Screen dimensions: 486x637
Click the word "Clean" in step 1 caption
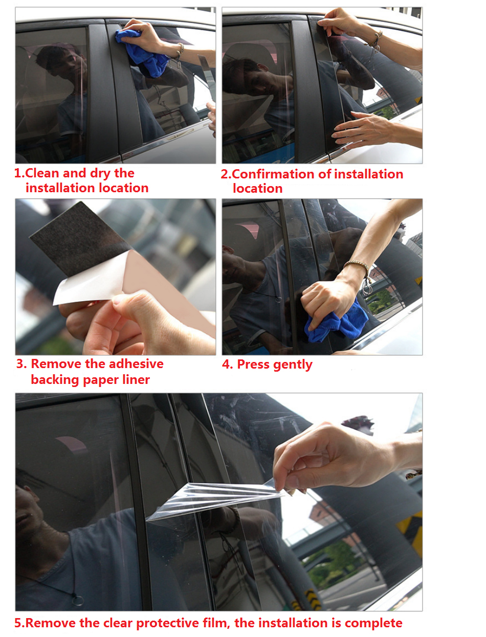(42, 173)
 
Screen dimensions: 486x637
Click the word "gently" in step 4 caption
(293, 365)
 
